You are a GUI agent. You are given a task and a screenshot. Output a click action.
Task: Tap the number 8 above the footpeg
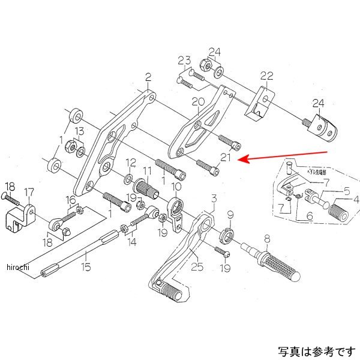point(266,238)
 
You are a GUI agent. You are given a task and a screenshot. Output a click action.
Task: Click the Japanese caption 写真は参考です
point(316,350)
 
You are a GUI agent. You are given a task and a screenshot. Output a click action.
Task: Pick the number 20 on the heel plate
point(197,102)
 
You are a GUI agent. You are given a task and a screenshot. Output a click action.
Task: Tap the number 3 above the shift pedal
point(212,198)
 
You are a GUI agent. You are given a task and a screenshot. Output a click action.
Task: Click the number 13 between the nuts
point(79,131)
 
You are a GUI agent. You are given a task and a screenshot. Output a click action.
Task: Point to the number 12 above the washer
point(130,163)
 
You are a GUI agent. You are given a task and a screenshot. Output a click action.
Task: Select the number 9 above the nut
point(229,214)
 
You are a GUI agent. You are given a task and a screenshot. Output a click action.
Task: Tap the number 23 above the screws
point(184,60)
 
